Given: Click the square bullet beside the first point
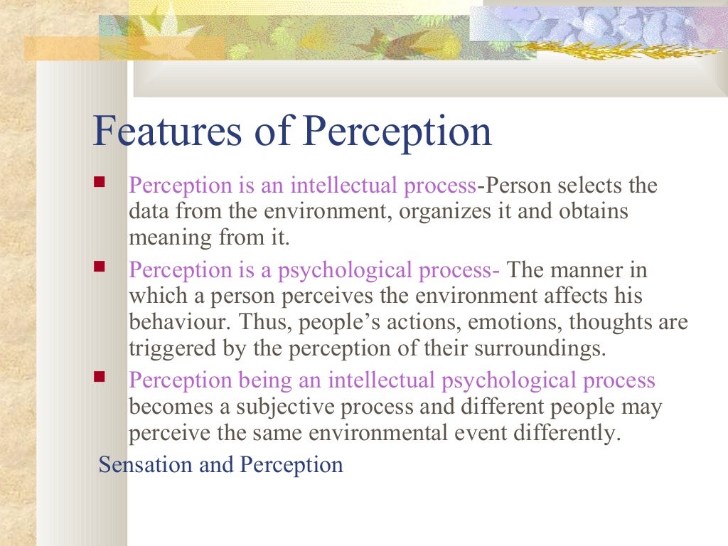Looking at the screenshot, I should coord(100,183).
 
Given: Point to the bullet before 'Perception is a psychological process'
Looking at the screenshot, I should coord(100,267).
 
